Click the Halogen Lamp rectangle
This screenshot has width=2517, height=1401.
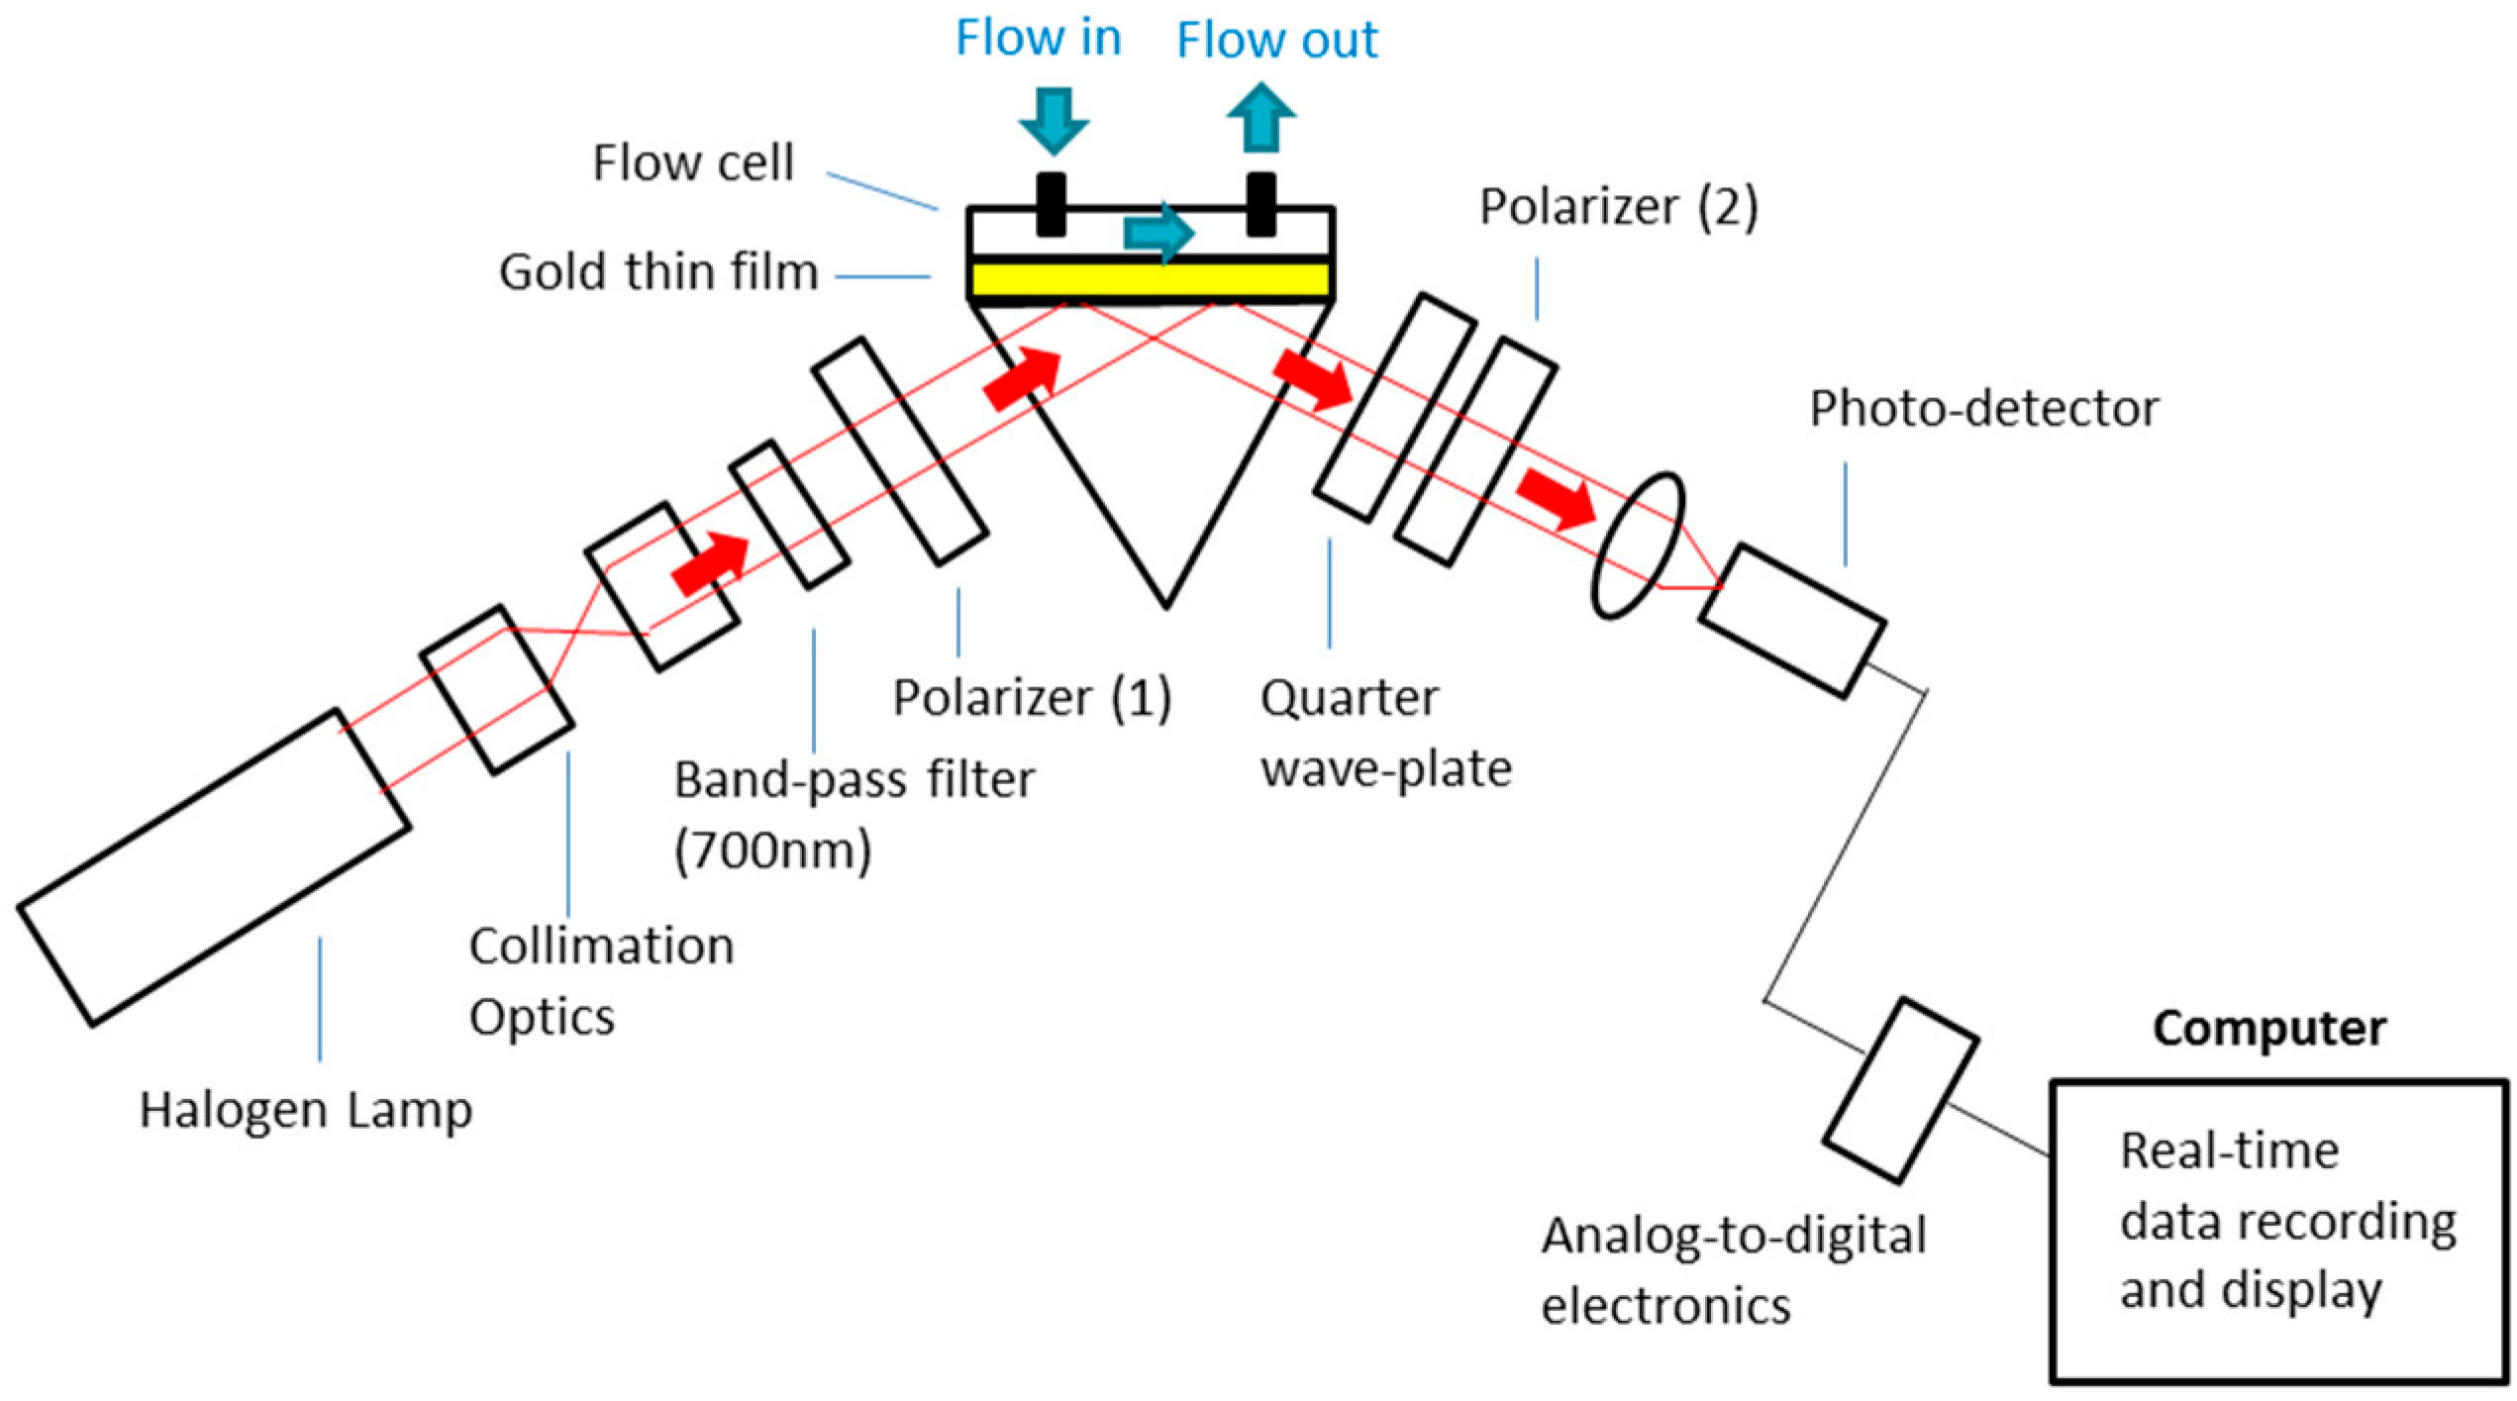pyautogui.click(x=213, y=866)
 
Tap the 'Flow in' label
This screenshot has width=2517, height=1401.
pyautogui.click(x=1038, y=39)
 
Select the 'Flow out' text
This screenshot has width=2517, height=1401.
pyautogui.click(x=1276, y=41)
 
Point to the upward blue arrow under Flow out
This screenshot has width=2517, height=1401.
pyautogui.click(x=1260, y=118)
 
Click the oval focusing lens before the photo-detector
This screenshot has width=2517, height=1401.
pyautogui.click(x=1637, y=546)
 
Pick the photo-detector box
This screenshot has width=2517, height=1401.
pyautogui.click(x=1792, y=621)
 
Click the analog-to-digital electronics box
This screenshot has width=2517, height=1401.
pyautogui.click(x=1901, y=1089)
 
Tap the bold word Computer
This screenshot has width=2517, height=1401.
pyautogui.click(x=2268, y=1028)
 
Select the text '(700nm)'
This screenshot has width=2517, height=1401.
pyautogui.click(x=772, y=850)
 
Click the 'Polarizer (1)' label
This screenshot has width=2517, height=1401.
pyautogui.click(x=1032, y=697)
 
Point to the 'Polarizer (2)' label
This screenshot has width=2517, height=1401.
pyautogui.click(x=1618, y=207)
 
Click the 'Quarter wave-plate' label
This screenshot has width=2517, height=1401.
pyautogui.click(x=1384, y=733)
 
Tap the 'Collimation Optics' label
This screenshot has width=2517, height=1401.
pyautogui.click(x=600, y=980)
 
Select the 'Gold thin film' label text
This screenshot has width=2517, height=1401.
pyautogui.click(x=658, y=271)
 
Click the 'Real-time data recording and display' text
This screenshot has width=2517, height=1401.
pyautogui.click(x=2287, y=1221)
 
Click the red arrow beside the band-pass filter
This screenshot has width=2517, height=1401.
pyautogui.click(x=710, y=564)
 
